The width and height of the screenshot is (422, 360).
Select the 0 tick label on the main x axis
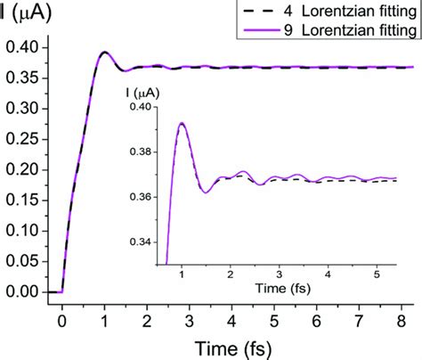[x=61, y=316]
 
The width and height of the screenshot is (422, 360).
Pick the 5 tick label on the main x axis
[x=274, y=316]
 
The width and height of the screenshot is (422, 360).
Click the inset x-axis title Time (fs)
[x=280, y=290]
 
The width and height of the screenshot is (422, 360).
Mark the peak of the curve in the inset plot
[x=182, y=123]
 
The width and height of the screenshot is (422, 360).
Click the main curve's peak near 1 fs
[x=104, y=52]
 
